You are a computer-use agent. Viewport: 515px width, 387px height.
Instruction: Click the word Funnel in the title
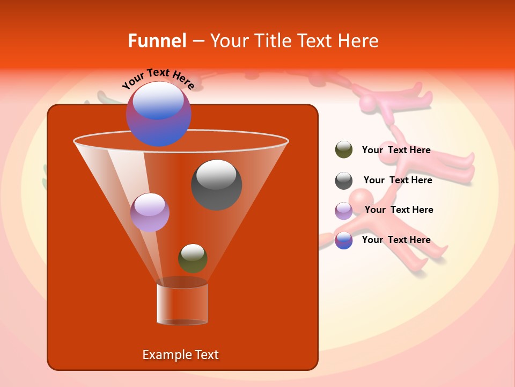(157, 40)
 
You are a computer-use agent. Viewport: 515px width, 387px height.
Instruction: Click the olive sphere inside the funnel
(193, 259)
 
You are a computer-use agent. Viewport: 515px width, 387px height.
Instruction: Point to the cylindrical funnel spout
(182, 304)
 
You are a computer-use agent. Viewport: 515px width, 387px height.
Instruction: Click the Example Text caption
(180, 355)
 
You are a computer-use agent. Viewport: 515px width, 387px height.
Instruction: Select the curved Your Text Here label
(158, 78)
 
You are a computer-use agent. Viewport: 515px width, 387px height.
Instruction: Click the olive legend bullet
(344, 150)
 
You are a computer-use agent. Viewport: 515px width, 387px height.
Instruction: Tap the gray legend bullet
(344, 181)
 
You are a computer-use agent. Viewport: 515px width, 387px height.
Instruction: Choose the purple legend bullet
(344, 211)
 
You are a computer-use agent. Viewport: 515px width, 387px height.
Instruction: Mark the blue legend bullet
(344, 240)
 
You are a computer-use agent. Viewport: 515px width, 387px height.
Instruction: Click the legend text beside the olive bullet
(396, 150)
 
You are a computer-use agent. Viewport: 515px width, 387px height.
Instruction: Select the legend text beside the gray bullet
(398, 180)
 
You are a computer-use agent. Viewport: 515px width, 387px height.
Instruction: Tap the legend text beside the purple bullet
(399, 210)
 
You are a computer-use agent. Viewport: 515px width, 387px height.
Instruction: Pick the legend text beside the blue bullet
(396, 240)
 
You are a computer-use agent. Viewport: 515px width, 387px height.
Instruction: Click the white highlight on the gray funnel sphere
(216, 174)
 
